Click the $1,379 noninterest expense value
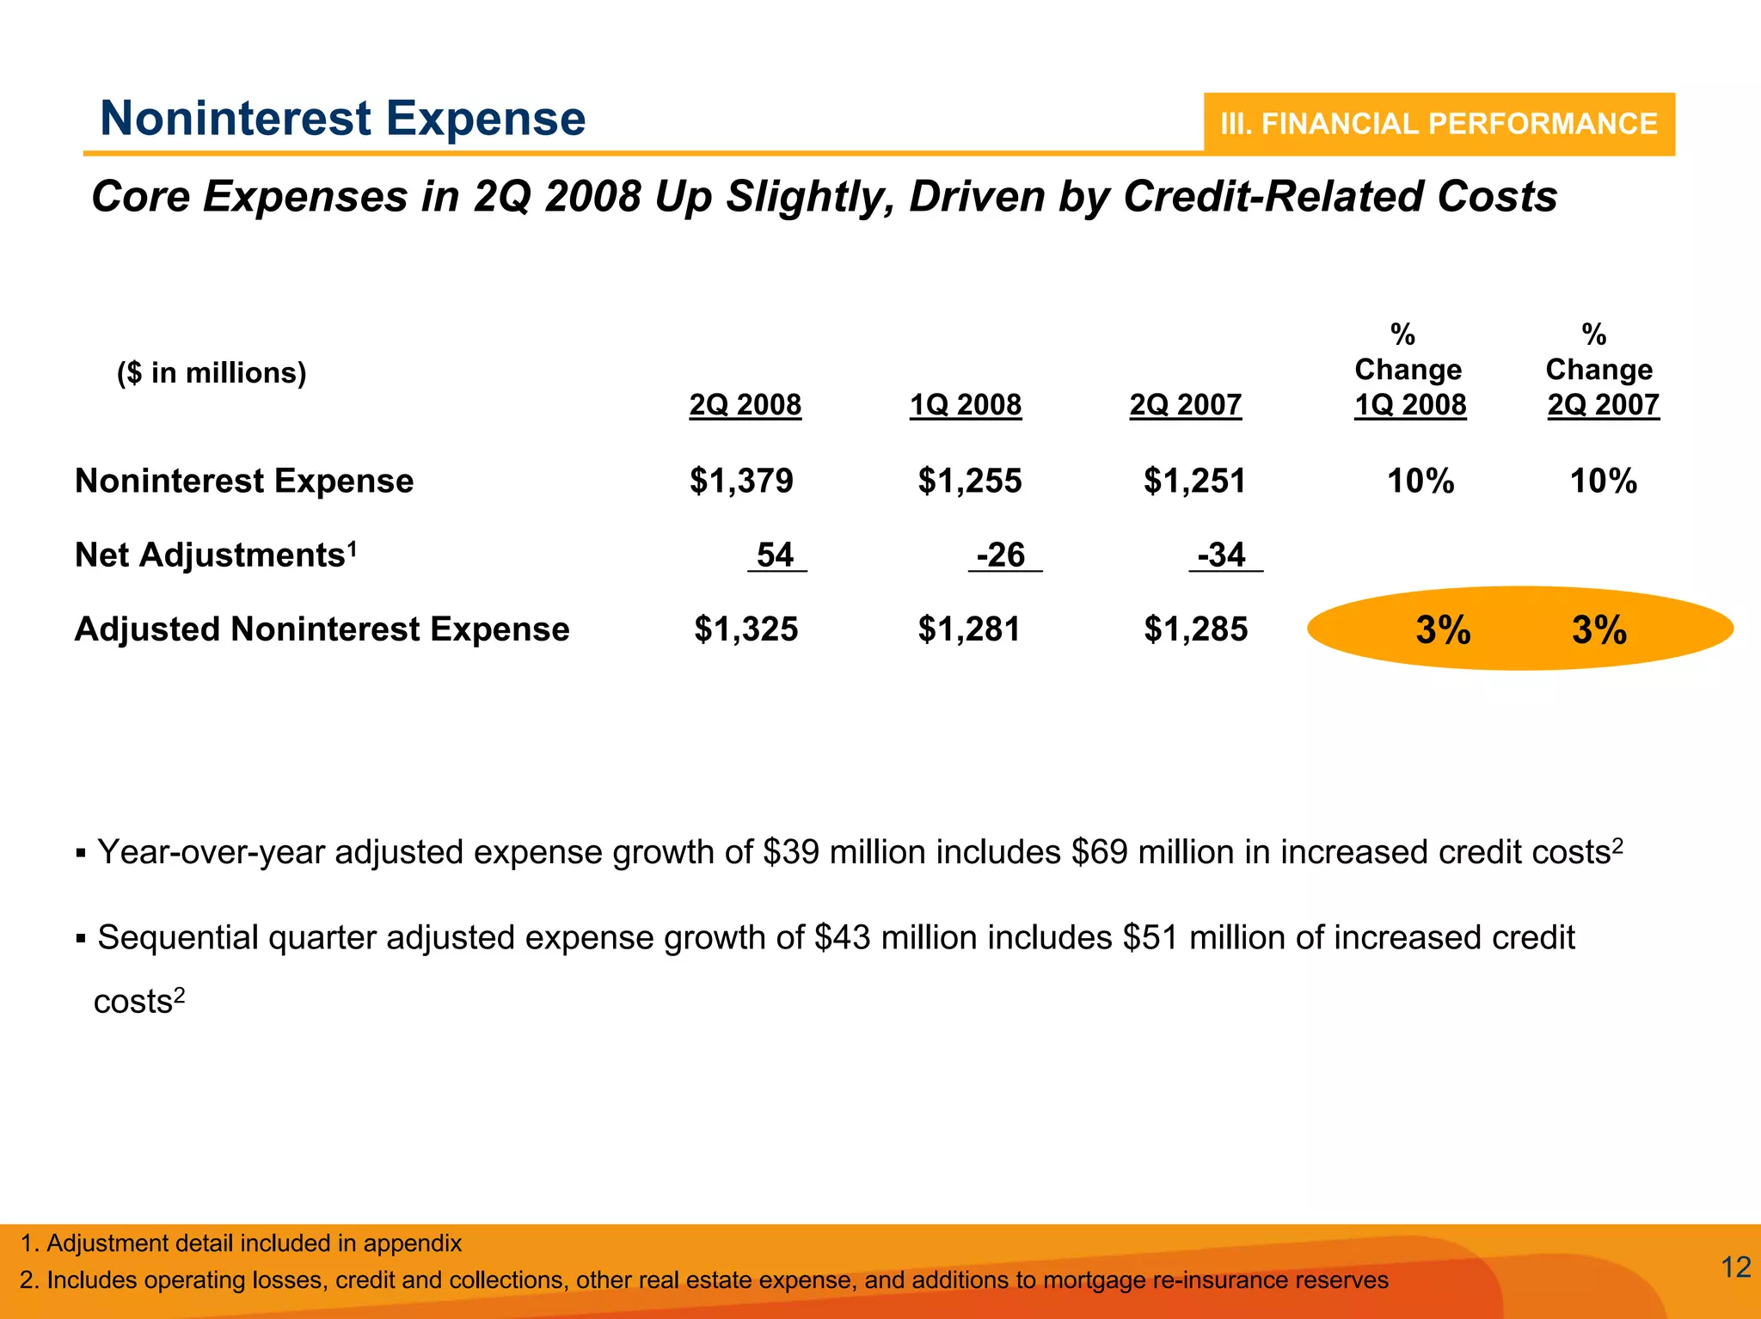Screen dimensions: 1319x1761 (741, 481)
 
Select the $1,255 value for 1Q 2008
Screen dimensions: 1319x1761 (969, 481)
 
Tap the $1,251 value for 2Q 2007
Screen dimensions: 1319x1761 (1194, 481)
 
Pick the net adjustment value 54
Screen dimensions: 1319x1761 (775, 555)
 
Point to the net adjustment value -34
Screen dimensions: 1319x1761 (1222, 555)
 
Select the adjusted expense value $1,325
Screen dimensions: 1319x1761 (746, 629)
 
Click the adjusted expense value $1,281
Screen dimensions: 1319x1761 (969, 629)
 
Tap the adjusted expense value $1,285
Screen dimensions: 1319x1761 (1195, 629)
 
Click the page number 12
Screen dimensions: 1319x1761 (1736, 1267)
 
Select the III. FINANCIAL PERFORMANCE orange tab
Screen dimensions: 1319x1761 (1439, 124)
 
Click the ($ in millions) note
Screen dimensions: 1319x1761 (212, 373)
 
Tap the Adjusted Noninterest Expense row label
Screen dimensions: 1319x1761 (322, 629)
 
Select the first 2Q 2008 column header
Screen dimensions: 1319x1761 (745, 404)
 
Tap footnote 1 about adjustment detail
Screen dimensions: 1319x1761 (242, 1243)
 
